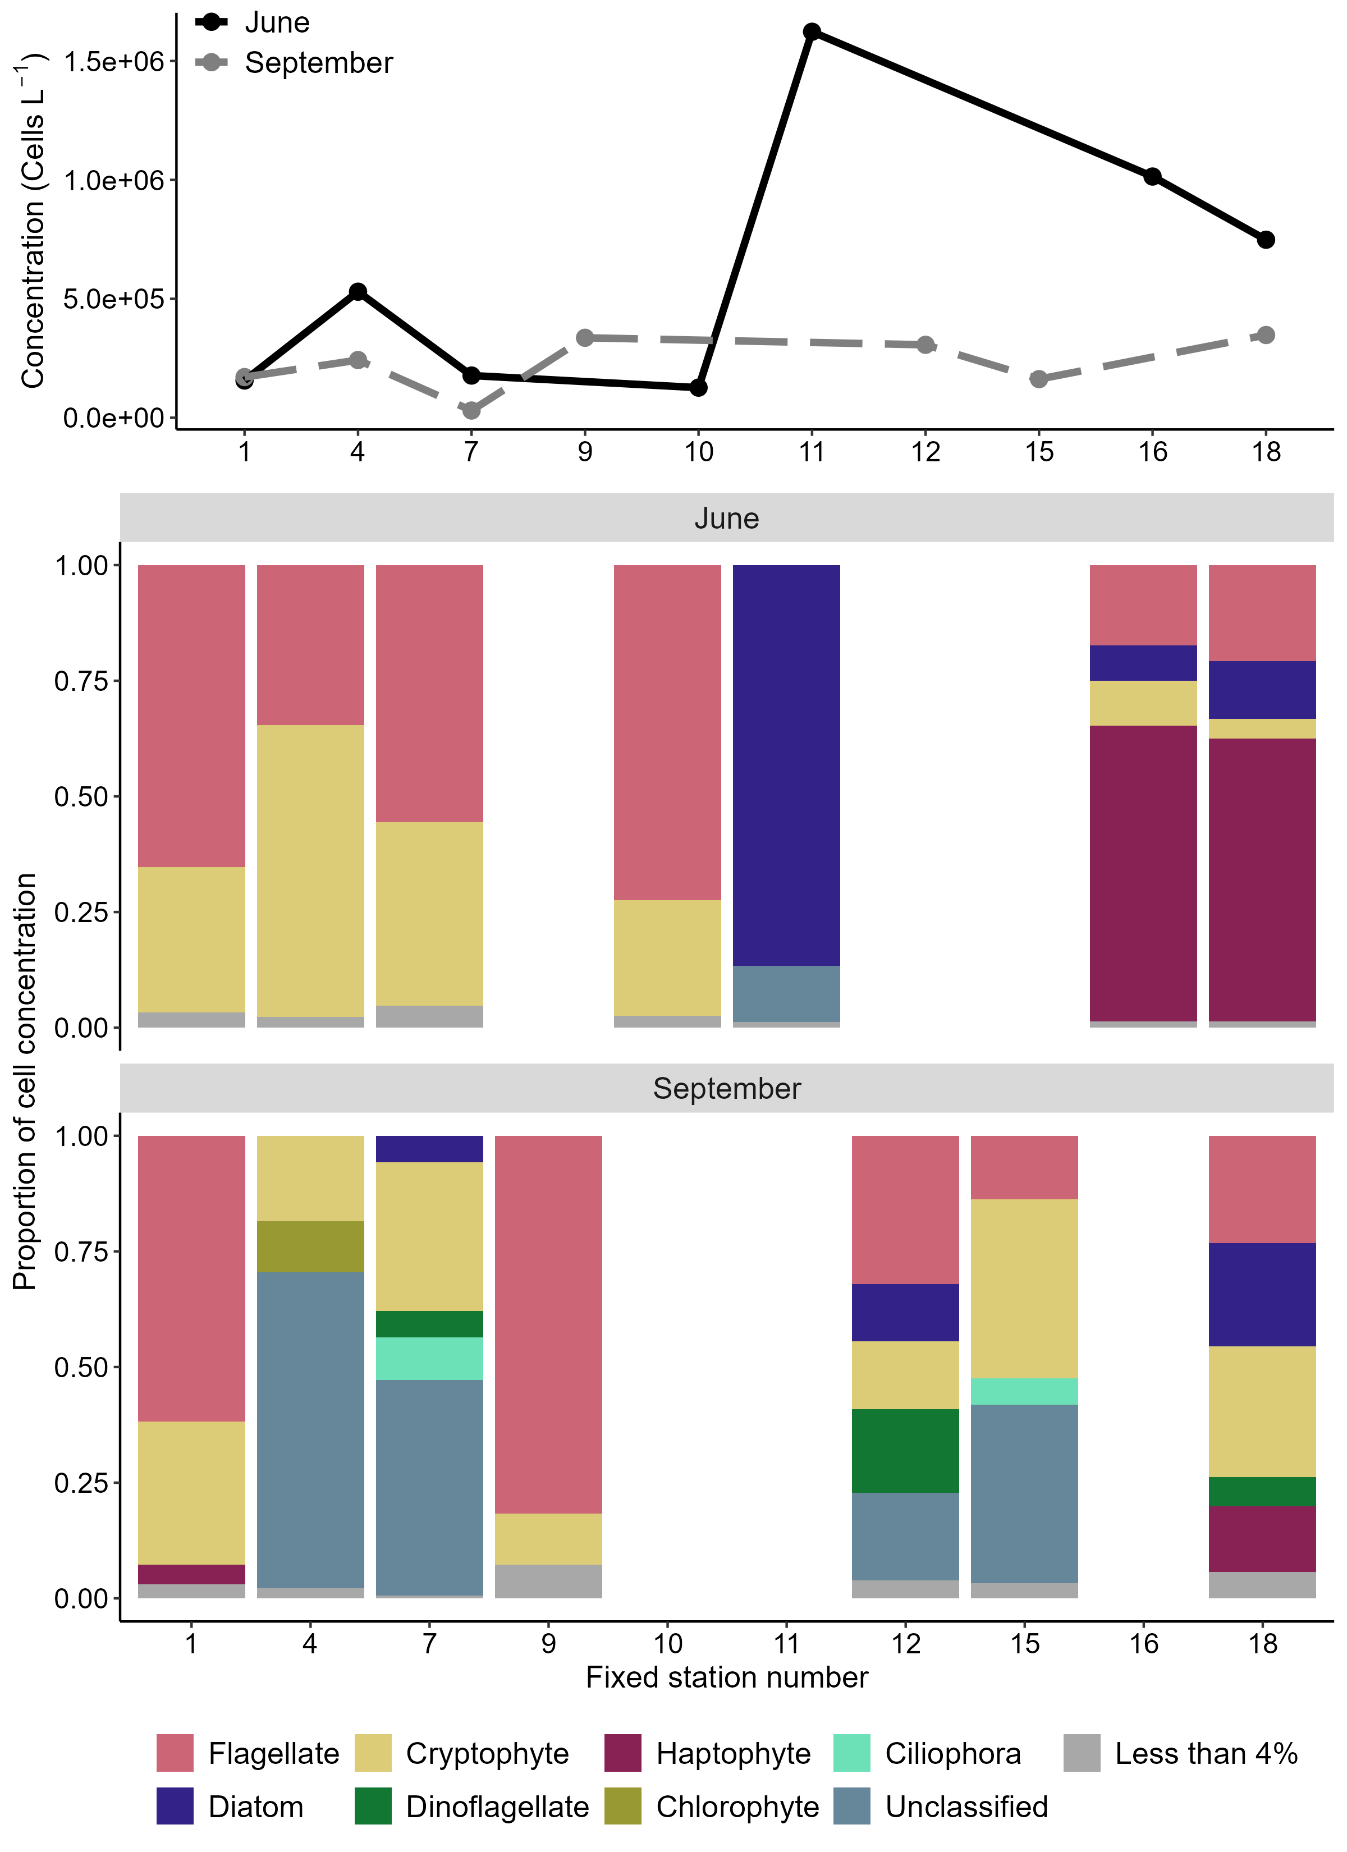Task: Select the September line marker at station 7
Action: pyautogui.click(x=471, y=410)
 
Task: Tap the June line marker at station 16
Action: pyautogui.click(x=1152, y=176)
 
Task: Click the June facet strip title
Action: pyautogui.click(x=726, y=519)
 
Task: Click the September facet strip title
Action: pyautogui.click(x=726, y=1089)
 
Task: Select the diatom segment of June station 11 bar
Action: pyautogui.click(x=786, y=763)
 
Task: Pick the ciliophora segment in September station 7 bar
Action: pyautogui.click(x=429, y=1358)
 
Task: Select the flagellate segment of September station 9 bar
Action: pyautogui.click(x=548, y=1323)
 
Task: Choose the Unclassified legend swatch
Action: pyautogui.click(x=852, y=1807)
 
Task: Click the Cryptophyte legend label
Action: pyautogui.click(x=487, y=1753)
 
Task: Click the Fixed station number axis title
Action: pyautogui.click(x=726, y=1677)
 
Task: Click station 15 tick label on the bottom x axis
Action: pyautogui.click(x=1024, y=1643)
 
